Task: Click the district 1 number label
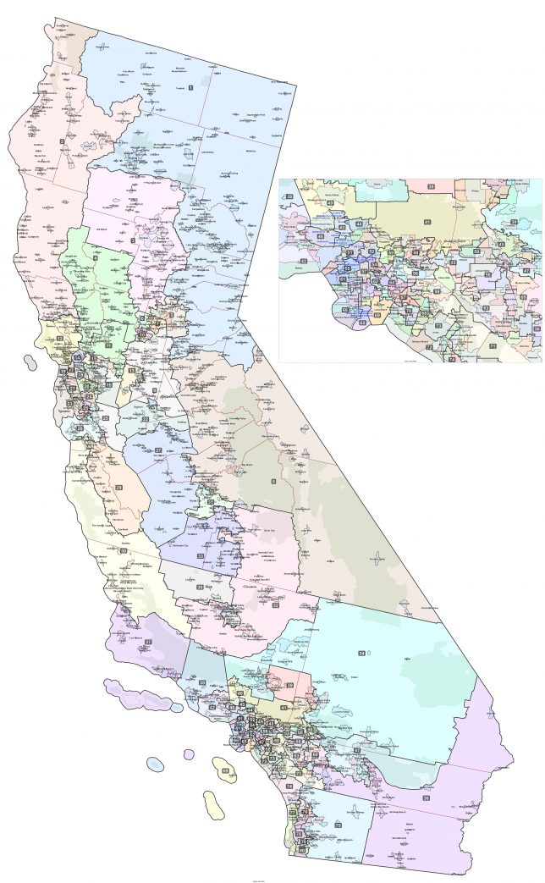pos(191,87)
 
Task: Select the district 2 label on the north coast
pos(60,142)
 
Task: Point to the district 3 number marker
pos(133,240)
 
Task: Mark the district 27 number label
pos(158,450)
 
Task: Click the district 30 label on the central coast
pos(124,551)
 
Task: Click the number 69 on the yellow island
pos(224,770)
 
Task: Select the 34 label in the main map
pos(361,653)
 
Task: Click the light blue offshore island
pos(154,764)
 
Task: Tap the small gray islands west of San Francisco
pos(31,363)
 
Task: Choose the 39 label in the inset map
pos(429,185)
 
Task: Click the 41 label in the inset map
pos(427,222)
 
